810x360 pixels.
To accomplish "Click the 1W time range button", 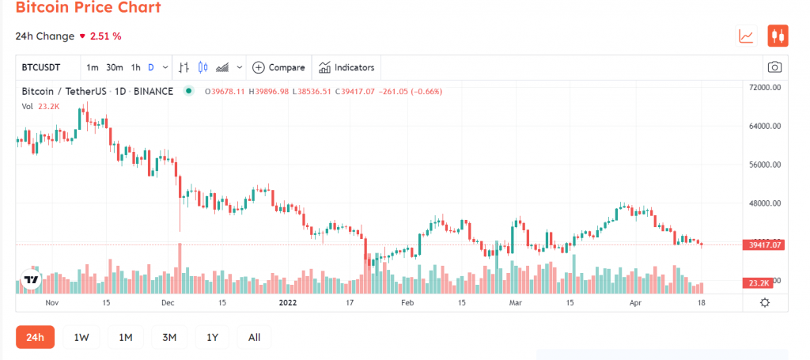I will [x=81, y=337].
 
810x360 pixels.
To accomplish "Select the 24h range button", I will [x=35, y=337].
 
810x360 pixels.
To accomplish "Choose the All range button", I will [x=254, y=337].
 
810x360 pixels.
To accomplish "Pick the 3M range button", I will [x=168, y=337].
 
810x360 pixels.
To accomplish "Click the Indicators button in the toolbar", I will [x=346, y=67].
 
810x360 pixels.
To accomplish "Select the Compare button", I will [x=278, y=67].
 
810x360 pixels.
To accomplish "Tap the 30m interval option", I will [x=115, y=67].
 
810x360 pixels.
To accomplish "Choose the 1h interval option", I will [x=135, y=67].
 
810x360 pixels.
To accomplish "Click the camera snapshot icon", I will [x=775, y=67].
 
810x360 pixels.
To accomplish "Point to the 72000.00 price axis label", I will [x=765, y=87].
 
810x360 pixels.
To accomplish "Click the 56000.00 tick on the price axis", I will [x=765, y=165].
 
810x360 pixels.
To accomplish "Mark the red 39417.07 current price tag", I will [x=764, y=245].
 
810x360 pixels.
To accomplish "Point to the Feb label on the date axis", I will [x=408, y=302].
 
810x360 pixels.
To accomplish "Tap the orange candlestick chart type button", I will [x=778, y=36].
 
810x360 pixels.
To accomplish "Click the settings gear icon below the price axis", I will [x=765, y=302].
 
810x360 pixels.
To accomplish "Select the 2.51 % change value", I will [x=106, y=36].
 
